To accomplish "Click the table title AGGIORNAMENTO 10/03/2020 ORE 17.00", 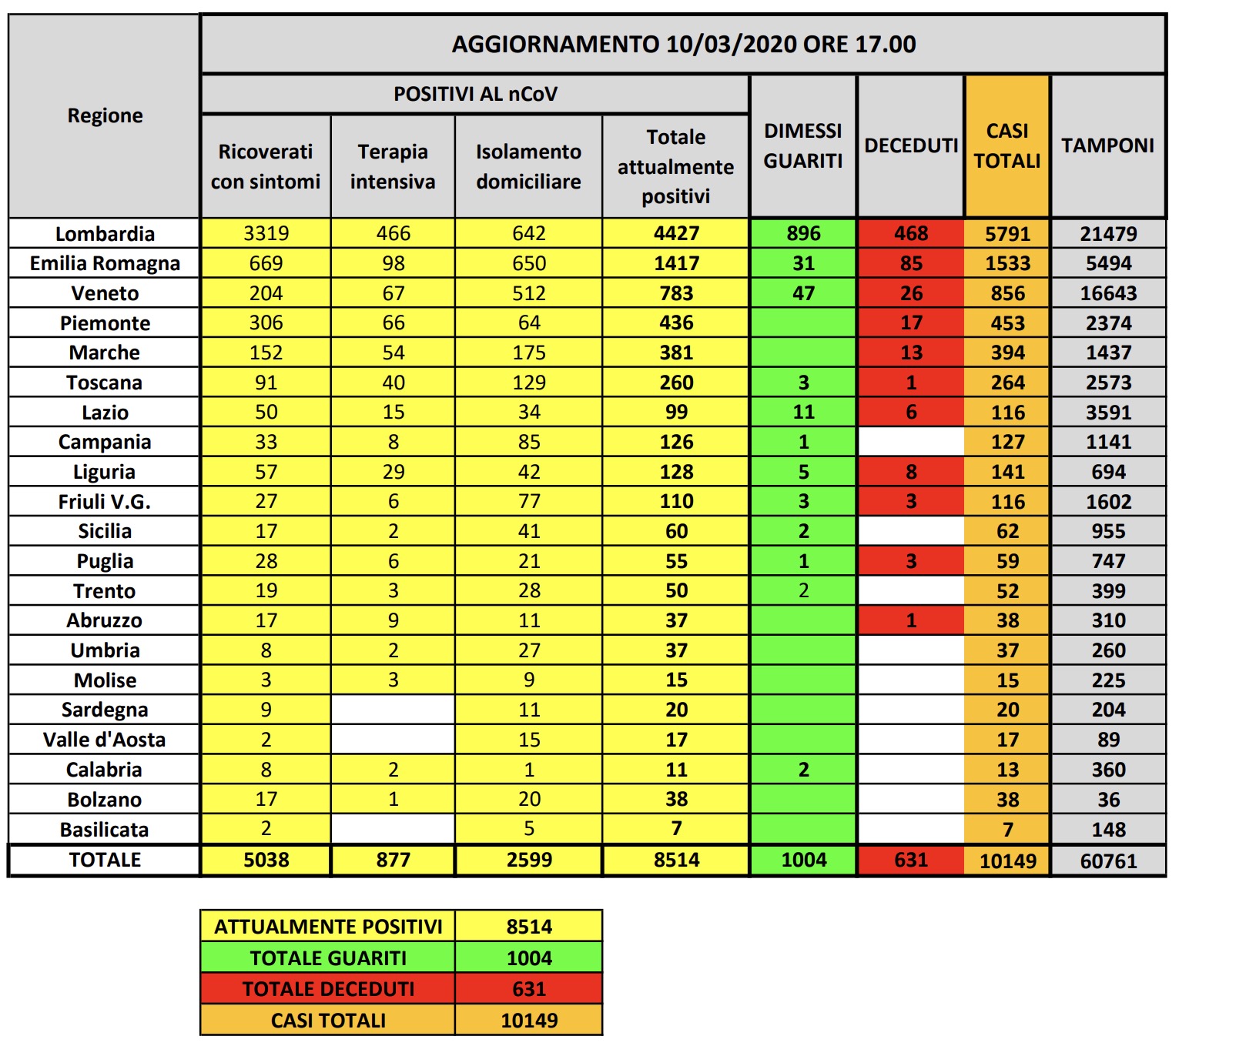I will click(683, 45).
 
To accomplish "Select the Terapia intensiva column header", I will click(393, 166).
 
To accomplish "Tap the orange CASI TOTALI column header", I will click(1007, 145).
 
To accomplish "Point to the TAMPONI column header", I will click(1107, 145).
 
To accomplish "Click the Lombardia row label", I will click(105, 234).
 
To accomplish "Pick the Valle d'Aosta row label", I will click(105, 740).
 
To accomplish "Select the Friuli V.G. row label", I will click(105, 502).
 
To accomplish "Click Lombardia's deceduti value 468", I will click(910, 233).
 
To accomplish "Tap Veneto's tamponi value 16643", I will click(1108, 293).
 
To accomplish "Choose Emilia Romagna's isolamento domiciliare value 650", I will click(529, 263).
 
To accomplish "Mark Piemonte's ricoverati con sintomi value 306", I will click(266, 323).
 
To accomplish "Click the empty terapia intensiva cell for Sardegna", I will click(393, 710).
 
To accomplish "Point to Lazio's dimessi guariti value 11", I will click(803, 413).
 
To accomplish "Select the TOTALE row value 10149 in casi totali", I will click(1007, 861).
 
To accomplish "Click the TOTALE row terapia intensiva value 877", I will click(393, 861).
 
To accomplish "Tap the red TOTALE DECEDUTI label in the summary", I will click(328, 989).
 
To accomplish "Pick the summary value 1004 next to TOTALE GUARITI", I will click(529, 958).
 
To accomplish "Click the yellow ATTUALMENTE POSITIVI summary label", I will click(328, 927).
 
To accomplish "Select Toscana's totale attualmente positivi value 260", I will click(676, 383).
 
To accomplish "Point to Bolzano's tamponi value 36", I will click(1108, 800).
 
